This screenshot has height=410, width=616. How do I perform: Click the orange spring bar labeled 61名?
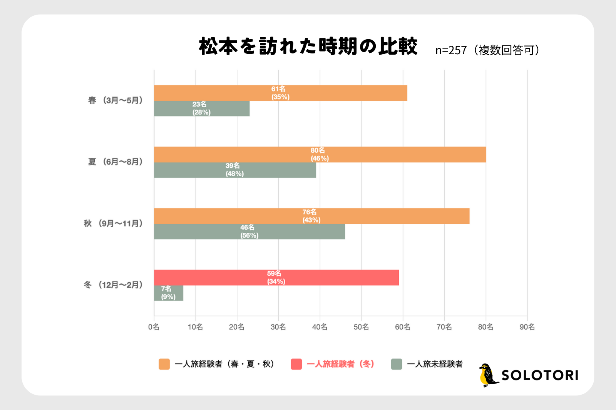click(280, 93)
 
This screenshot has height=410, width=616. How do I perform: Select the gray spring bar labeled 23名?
click(202, 108)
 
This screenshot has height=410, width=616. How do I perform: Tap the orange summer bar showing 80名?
click(320, 155)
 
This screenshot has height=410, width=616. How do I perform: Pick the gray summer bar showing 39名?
click(235, 170)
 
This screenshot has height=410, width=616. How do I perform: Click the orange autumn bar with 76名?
click(311, 216)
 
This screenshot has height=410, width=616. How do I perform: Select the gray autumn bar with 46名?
click(249, 232)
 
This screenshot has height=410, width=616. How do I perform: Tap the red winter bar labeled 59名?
click(276, 278)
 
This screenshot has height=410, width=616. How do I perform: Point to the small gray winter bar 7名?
click(168, 293)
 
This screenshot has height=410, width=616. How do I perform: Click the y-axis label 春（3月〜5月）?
click(115, 100)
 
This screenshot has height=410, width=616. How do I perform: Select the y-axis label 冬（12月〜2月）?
click(114, 285)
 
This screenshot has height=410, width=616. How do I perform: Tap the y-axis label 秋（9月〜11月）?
click(114, 223)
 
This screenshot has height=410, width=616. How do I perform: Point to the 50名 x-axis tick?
click(361, 327)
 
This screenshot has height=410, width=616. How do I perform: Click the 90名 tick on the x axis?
click(527, 327)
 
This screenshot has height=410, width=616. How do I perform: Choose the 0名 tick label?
click(154, 327)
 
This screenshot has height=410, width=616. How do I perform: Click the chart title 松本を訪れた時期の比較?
click(308, 47)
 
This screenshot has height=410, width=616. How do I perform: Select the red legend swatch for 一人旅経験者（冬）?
click(296, 364)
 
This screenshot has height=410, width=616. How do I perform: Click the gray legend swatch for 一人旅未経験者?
click(396, 364)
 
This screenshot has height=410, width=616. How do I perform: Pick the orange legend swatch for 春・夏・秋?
click(164, 364)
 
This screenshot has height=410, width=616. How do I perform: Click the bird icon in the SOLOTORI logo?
click(488, 375)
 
